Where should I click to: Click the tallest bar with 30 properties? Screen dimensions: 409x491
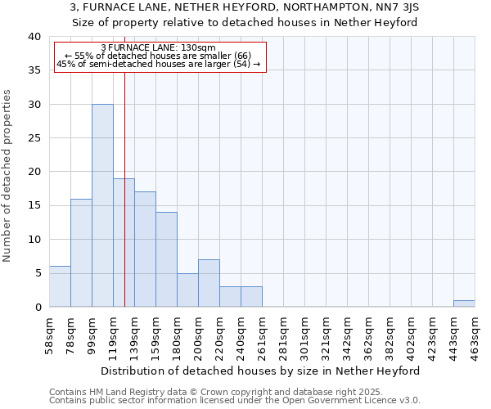102,205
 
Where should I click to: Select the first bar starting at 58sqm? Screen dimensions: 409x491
60,286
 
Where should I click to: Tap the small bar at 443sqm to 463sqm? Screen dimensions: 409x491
464,303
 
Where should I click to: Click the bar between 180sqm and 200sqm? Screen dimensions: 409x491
187,290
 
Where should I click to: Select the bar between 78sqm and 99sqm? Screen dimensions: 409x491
81,253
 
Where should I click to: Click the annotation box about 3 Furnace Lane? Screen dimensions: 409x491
160,56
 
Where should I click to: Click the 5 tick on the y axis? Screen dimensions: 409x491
37,273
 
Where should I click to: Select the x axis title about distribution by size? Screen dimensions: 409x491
262,371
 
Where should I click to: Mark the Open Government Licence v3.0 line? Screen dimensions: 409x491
234,401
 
